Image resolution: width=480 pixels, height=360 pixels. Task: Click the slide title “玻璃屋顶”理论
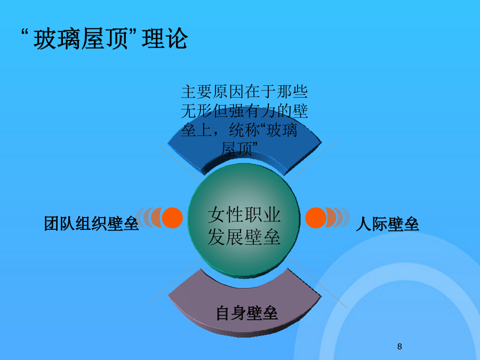tap(105, 38)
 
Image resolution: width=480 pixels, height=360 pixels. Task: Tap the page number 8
tap(399, 347)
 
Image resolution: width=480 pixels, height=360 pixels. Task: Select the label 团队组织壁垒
tap(91, 223)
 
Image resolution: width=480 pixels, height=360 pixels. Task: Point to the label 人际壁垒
tap(387, 224)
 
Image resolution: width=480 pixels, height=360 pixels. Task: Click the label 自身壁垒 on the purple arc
tap(247, 313)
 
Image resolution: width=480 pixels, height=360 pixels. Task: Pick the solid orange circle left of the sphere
tap(172, 218)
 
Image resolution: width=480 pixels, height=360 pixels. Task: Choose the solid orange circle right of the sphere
tap(316, 218)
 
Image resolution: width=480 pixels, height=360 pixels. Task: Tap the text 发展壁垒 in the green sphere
tap(244, 237)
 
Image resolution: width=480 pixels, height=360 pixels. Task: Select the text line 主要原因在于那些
tap(244, 92)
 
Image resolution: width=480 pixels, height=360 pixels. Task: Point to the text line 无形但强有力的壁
tap(244, 111)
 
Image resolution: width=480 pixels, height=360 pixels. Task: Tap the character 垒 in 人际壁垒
tap(411, 224)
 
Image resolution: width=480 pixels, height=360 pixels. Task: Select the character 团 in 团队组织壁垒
tap(52, 223)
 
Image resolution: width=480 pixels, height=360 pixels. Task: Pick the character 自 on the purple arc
tap(224, 313)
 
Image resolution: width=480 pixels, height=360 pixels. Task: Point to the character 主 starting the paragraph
tap(189, 92)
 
